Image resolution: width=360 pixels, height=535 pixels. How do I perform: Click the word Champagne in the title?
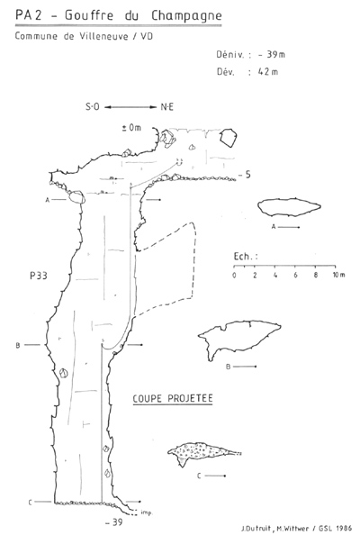coord(186,16)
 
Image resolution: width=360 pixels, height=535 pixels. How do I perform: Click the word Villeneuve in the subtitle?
coord(104,36)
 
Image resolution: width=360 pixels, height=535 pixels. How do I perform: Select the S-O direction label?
coord(92,107)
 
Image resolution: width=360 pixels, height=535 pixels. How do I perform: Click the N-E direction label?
coord(167,107)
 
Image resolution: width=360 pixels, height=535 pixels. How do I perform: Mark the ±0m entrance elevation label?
coord(131,128)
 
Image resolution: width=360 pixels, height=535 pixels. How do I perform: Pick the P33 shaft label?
coord(39,276)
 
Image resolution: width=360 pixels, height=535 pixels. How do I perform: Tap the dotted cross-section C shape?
coord(203,452)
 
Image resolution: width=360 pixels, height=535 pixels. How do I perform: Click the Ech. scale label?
coord(246,256)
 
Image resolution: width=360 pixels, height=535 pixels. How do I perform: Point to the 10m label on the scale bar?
coord(339,275)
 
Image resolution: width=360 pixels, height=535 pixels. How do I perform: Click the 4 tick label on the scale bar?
coord(275,275)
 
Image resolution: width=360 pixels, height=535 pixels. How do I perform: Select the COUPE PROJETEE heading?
coord(173,398)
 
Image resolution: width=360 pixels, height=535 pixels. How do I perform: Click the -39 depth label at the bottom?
coord(114,522)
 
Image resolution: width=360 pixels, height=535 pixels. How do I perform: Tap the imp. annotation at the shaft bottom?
coord(147,512)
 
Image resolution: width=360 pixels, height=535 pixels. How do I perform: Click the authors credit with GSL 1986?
coord(297,529)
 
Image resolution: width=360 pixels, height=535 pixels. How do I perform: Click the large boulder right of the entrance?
coord(228,138)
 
